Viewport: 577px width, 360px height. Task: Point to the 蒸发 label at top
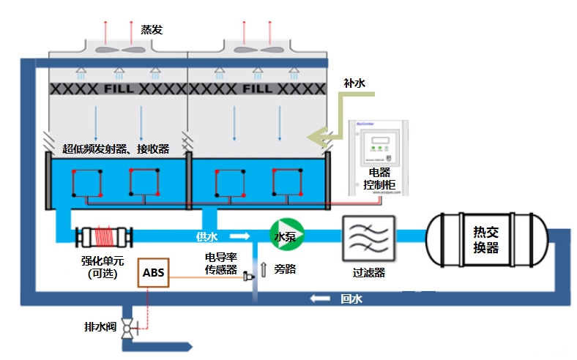tap(152, 30)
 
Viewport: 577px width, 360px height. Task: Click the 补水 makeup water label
tap(354, 83)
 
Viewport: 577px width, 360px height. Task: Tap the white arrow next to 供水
tap(239, 236)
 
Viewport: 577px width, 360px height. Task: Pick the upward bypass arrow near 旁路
tap(264, 269)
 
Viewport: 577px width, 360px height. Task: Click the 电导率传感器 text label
tap(220, 264)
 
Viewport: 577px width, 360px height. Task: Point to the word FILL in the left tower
tap(119, 89)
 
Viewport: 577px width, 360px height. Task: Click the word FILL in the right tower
tap(257, 89)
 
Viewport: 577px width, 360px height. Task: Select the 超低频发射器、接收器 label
tap(116, 149)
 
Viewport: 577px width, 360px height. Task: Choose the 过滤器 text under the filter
tap(368, 273)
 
